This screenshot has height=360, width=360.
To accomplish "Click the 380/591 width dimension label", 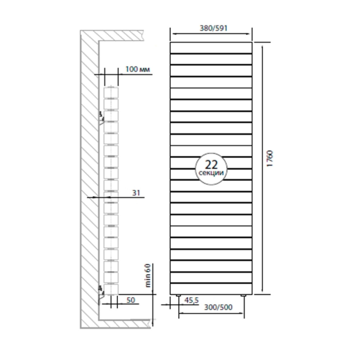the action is point(213,28).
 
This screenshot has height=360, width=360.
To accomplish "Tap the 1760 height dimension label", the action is point(270,159).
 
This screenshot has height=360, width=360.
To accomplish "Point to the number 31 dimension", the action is point(136,193).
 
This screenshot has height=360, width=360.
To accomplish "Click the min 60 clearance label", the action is point(148,275).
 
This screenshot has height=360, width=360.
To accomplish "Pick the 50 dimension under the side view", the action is point(131,300).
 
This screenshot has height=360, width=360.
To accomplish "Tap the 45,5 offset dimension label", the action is point(192,300).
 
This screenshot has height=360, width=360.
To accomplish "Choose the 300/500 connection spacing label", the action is point(219,307).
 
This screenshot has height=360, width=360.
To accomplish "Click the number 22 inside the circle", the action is point(211,165).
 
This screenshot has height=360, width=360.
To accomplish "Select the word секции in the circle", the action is point(211,173).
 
